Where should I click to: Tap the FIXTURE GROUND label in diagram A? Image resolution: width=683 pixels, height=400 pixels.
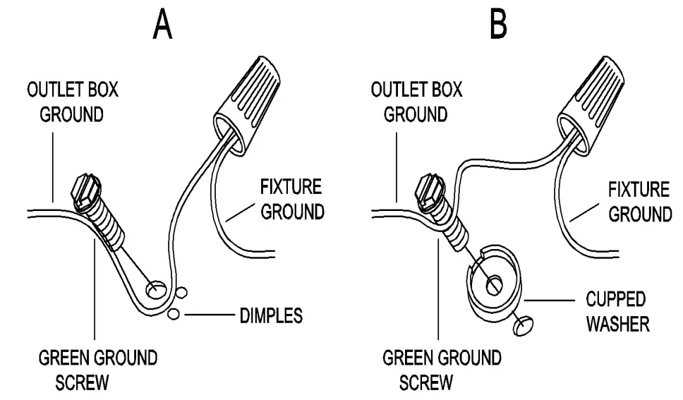291,200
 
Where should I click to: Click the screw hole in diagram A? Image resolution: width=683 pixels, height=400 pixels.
156,289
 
